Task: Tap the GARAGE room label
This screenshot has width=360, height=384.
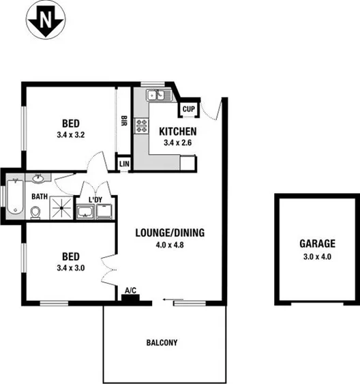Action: (x=318, y=243)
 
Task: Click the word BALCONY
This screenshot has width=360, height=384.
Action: (x=162, y=343)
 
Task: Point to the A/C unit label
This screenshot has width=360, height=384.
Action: (x=130, y=291)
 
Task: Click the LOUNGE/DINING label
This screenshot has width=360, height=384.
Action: (x=169, y=232)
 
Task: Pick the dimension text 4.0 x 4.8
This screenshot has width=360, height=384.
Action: (x=169, y=243)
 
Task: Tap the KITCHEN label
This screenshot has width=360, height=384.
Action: (x=178, y=132)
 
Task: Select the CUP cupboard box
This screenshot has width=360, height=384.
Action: (x=189, y=109)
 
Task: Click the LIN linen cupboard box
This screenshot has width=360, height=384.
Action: (x=124, y=164)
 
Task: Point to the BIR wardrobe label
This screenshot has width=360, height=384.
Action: (x=124, y=121)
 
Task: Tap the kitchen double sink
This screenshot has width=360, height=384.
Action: (x=156, y=95)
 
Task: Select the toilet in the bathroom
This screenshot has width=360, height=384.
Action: (x=36, y=212)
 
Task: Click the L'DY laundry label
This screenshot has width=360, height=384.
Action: (x=95, y=199)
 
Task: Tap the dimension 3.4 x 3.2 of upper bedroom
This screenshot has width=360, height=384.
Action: (x=70, y=135)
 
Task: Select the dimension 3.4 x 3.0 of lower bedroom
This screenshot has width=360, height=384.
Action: (x=70, y=268)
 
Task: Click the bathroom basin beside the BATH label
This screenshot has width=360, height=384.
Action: (x=39, y=180)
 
